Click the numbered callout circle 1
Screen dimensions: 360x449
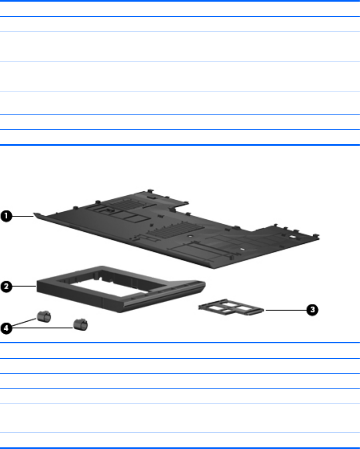click(x=6, y=216)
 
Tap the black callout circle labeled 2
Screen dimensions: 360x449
click(x=6, y=287)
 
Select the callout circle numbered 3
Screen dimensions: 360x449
click(x=312, y=310)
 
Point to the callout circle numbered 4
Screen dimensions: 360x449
click(x=6, y=328)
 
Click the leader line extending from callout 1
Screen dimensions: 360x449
click(x=23, y=216)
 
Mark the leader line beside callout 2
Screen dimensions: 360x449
click(x=24, y=286)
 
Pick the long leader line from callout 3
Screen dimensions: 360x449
click(x=286, y=310)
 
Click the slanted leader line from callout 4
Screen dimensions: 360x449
click(x=24, y=323)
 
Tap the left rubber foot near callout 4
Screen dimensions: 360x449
click(x=44, y=317)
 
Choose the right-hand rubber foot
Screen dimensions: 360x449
click(x=81, y=325)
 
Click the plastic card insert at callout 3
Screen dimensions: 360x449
click(x=231, y=308)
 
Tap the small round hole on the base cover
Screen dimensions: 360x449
click(x=190, y=237)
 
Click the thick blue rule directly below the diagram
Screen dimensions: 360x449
click(x=180, y=343)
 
